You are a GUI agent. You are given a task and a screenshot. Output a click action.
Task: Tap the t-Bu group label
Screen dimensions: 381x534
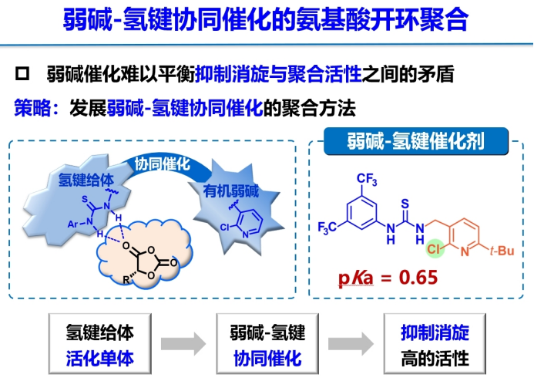tap(498, 250)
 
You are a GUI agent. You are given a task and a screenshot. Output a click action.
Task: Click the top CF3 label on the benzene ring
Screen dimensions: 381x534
tap(368, 180)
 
